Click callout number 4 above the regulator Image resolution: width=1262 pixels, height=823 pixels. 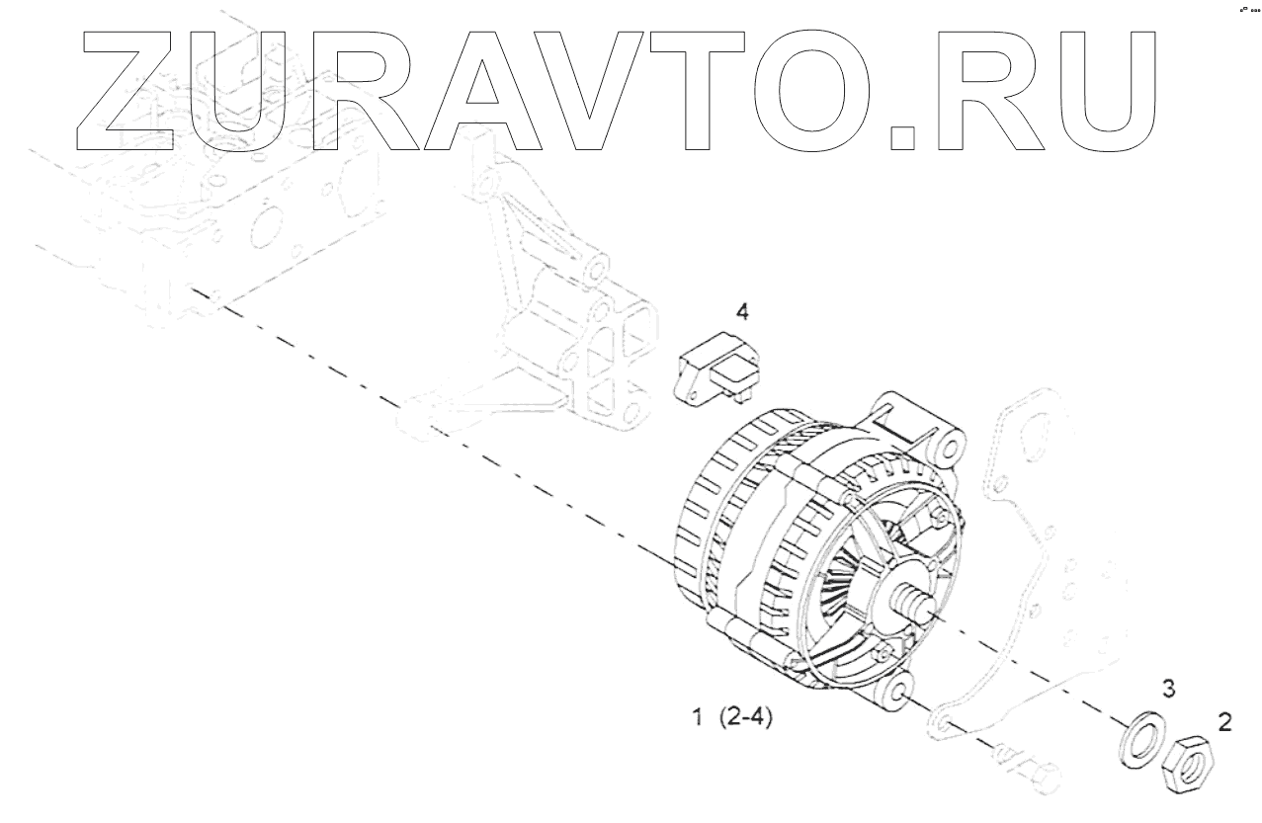(741, 312)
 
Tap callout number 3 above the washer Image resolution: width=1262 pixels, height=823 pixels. (1167, 690)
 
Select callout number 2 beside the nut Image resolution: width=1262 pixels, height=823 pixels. (1224, 722)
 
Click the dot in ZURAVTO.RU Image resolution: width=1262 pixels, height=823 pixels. (901, 138)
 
